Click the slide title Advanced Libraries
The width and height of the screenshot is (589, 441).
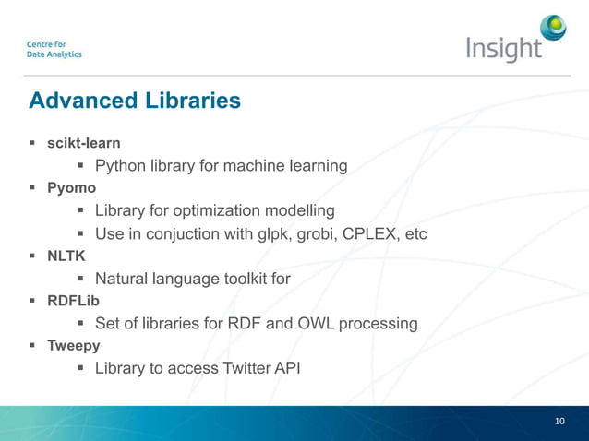[135, 100]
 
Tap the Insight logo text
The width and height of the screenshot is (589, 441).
[503, 48]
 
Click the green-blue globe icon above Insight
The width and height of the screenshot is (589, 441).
[553, 29]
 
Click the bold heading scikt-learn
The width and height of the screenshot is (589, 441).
[84, 144]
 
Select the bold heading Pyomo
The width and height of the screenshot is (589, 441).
[71, 189]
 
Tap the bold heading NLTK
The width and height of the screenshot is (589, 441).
[66, 256]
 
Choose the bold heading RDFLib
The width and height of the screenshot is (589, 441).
[73, 301]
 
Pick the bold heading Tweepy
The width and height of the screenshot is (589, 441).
[74, 346]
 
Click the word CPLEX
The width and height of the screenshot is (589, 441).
[372, 233]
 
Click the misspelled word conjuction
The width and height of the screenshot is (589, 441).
[182, 233]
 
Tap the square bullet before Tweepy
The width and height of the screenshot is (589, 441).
[32, 346]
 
